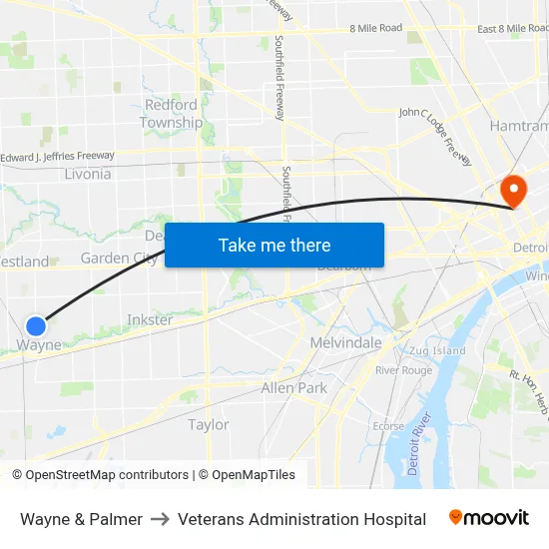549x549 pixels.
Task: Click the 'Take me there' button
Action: click(274, 245)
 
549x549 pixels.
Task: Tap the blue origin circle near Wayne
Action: click(36, 325)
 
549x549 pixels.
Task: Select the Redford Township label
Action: click(171, 114)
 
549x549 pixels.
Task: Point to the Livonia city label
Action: click(88, 174)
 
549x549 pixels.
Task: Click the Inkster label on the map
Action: click(150, 320)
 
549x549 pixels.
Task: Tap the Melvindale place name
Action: click(346, 342)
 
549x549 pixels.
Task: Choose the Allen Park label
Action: click(293, 387)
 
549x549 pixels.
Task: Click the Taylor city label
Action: click(209, 424)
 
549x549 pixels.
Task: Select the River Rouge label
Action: click(403, 370)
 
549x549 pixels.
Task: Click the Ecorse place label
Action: click(388, 426)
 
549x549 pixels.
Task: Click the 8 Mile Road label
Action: click(376, 28)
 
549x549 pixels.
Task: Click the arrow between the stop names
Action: click(160, 519)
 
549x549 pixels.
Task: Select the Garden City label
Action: click(117, 258)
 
